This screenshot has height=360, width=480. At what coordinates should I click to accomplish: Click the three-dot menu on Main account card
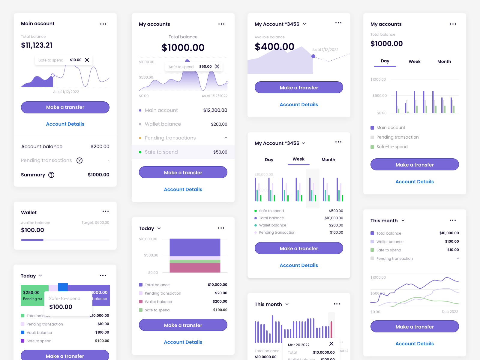[x=103, y=24]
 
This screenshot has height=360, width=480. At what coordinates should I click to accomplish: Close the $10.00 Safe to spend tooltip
[x=87, y=60]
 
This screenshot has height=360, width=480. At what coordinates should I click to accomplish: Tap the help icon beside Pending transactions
[x=79, y=160]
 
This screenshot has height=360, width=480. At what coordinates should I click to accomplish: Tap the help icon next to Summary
[x=51, y=175]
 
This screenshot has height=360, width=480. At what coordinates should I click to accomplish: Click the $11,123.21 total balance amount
[x=37, y=45]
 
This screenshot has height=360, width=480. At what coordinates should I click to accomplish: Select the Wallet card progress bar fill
[x=32, y=240]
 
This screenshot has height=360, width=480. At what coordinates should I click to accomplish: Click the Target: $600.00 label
[x=95, y=223]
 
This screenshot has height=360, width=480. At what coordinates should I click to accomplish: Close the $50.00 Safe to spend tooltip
[x=217, y=67]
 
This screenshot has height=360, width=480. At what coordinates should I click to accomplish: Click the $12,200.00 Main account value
[x=215, y=110]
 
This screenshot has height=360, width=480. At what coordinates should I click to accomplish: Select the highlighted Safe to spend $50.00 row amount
[x=220, y=152]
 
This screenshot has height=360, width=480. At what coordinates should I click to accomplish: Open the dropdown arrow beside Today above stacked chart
[x=159, y=228]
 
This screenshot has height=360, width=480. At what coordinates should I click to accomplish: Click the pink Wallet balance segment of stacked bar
[x=195, y=268]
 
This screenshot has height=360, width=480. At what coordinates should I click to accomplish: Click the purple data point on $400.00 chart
[x=313, y=56]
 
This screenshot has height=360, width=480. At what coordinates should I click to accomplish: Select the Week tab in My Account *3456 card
[x=298, y=159]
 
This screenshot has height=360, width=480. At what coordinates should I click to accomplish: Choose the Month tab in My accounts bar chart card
[x=444, y=61]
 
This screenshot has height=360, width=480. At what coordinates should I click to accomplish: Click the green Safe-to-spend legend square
[x=372, y=147]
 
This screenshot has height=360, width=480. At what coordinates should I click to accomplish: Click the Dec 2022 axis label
[x=450, y=312]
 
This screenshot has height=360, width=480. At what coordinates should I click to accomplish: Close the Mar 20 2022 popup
[x=331, y=344]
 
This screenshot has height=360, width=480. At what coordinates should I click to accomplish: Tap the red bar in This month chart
[x=331, y=329]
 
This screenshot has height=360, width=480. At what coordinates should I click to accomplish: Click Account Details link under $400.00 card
[x=299, y=105]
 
